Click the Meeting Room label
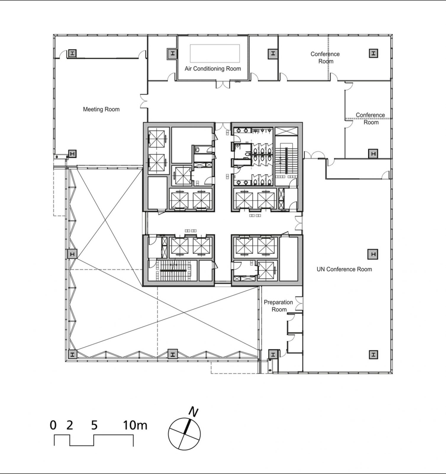tap(101, 109)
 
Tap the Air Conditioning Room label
tap(212, 69)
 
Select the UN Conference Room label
tap(344, 269)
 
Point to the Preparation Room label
tap(278, 306)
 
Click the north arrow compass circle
tap(184, 434)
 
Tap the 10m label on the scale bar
tap(135, 425)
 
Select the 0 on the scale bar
tap(53, 425)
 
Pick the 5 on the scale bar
tap(94, 425)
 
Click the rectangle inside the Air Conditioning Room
tap(215, 53)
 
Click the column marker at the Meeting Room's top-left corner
tap(73, 53)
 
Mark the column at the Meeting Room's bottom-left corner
tap(73, 154)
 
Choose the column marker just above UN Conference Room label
tap(373, 254)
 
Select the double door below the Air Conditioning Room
tap(223, 84)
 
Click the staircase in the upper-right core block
tap(286, 160)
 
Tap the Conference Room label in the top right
tap(325, 57)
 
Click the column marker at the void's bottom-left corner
tap(73, 354)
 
